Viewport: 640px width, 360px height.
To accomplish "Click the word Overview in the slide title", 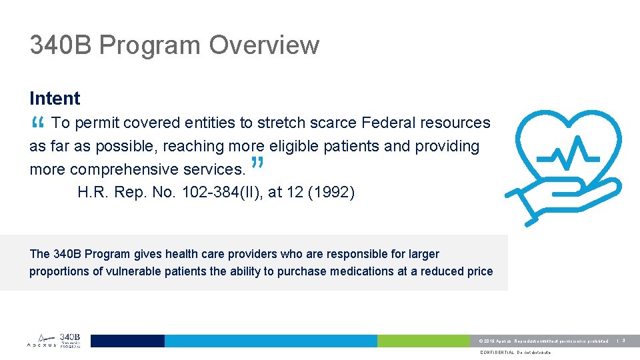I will point(264,45).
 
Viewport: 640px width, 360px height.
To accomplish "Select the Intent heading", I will point(55,99).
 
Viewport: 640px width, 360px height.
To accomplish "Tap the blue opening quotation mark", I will point(37,123).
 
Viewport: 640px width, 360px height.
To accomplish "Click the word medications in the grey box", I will point(364,271).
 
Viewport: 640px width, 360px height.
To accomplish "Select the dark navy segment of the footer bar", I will point(127,341).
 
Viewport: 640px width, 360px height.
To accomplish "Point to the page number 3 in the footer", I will point(624,341).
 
